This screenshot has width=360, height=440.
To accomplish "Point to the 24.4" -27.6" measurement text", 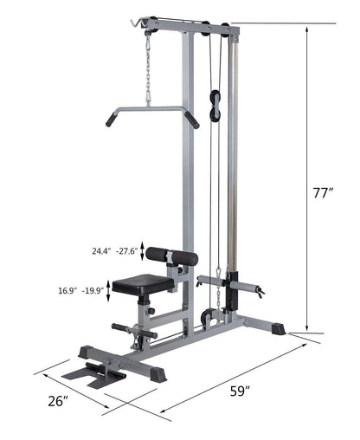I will point(112,252).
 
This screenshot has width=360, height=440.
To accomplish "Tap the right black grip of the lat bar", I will point(191,120).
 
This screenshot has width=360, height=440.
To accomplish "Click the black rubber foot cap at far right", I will point(278,328).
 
